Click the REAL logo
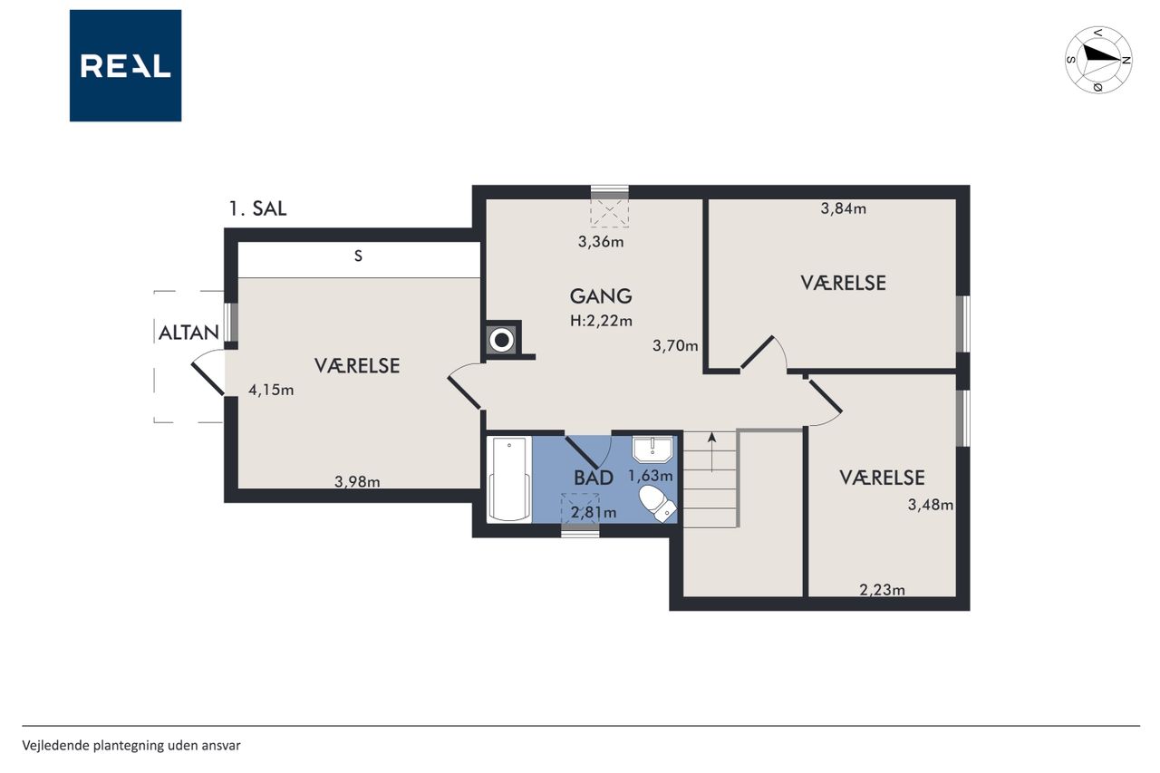(125, 66)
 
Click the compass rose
(1097, 60)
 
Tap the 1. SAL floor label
(257, 208)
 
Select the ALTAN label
(188, 333)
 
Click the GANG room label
(601, 296)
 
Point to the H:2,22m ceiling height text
(601, 321)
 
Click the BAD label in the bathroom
(594, 478)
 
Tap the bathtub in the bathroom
(510, 479)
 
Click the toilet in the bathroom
(658, 503)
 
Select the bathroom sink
(652, 449)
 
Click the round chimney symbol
(502, 340)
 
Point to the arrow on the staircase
(712, 452)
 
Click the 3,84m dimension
(844, 208)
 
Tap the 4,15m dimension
(271, 390)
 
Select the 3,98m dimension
(357, 482)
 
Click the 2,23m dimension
(883, 590)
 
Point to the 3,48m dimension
(931, 505)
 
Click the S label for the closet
(358, 256)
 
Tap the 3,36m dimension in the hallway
(601, 242)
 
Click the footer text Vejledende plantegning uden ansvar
(131, 746)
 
